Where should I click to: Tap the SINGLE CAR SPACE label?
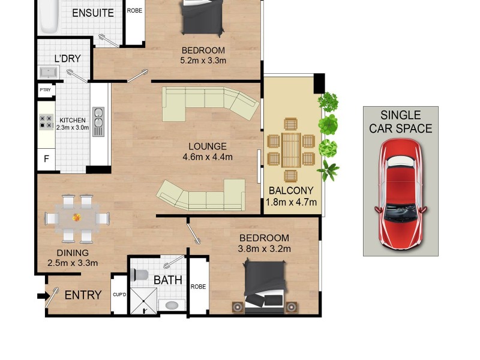(400, 122)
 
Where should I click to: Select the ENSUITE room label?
(93, 13)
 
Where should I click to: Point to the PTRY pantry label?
(45, 90)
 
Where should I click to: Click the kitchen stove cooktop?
(46, 122)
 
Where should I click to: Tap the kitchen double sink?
(98, 122)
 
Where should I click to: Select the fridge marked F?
(46, 160)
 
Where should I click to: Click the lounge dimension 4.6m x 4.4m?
(208, 157)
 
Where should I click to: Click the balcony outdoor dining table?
(291, 149)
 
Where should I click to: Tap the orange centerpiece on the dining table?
(77, 217)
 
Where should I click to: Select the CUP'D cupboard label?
(119, 295)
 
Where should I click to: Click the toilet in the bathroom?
(140, 274)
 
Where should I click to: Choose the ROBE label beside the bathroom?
(198, 287)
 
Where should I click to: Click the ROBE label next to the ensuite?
(134, 10)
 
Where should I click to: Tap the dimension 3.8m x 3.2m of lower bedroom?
(265, 249)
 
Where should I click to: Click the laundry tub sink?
(49, 73)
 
